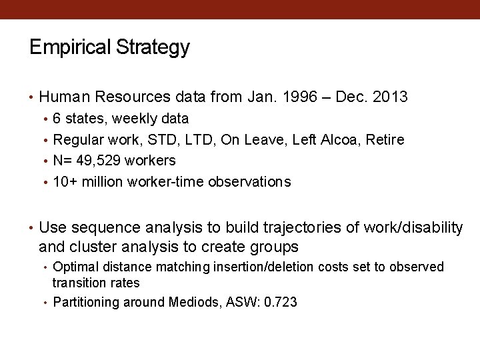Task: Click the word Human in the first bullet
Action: [65, 97]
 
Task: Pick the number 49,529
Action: [94, 161]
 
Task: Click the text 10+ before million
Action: [65, 182]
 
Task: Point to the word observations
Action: [249, 182]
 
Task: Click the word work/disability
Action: [413, 228]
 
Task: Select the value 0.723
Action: [281, 303]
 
